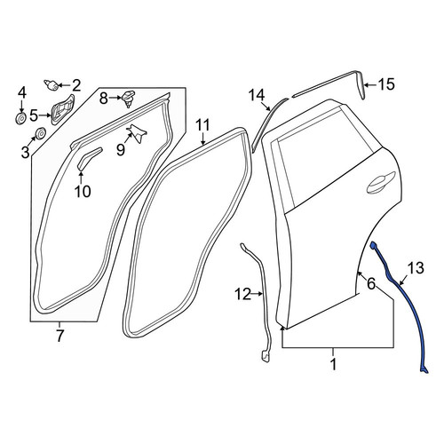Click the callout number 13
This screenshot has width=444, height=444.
click(x=416, y=268)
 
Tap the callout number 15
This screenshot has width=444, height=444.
click(x=386, y=84)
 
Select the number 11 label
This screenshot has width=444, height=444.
click(x=203, y=125)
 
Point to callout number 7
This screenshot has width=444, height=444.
click(x=59, y=335)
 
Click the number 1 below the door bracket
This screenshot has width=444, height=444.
click(x=334, y=364)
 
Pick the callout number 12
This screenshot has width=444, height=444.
click(x=243, y=294)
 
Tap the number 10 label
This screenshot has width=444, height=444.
click(x=83, y=192)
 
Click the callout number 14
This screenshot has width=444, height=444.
click(x=257, y=95)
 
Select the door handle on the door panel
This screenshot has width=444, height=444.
click(x=381, y=183)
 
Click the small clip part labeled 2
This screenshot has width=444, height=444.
click(x=52, y=85)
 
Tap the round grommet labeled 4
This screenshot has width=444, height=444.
click(x=21, y=119)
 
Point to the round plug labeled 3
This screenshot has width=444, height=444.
click(x=40, y=133)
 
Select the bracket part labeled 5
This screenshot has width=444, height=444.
click(x=63, y=110)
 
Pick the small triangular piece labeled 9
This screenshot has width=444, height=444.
click(x=137, y=133)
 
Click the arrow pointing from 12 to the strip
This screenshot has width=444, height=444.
click(x=257, y=294)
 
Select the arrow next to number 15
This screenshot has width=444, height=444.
click(x=370, y=85)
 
